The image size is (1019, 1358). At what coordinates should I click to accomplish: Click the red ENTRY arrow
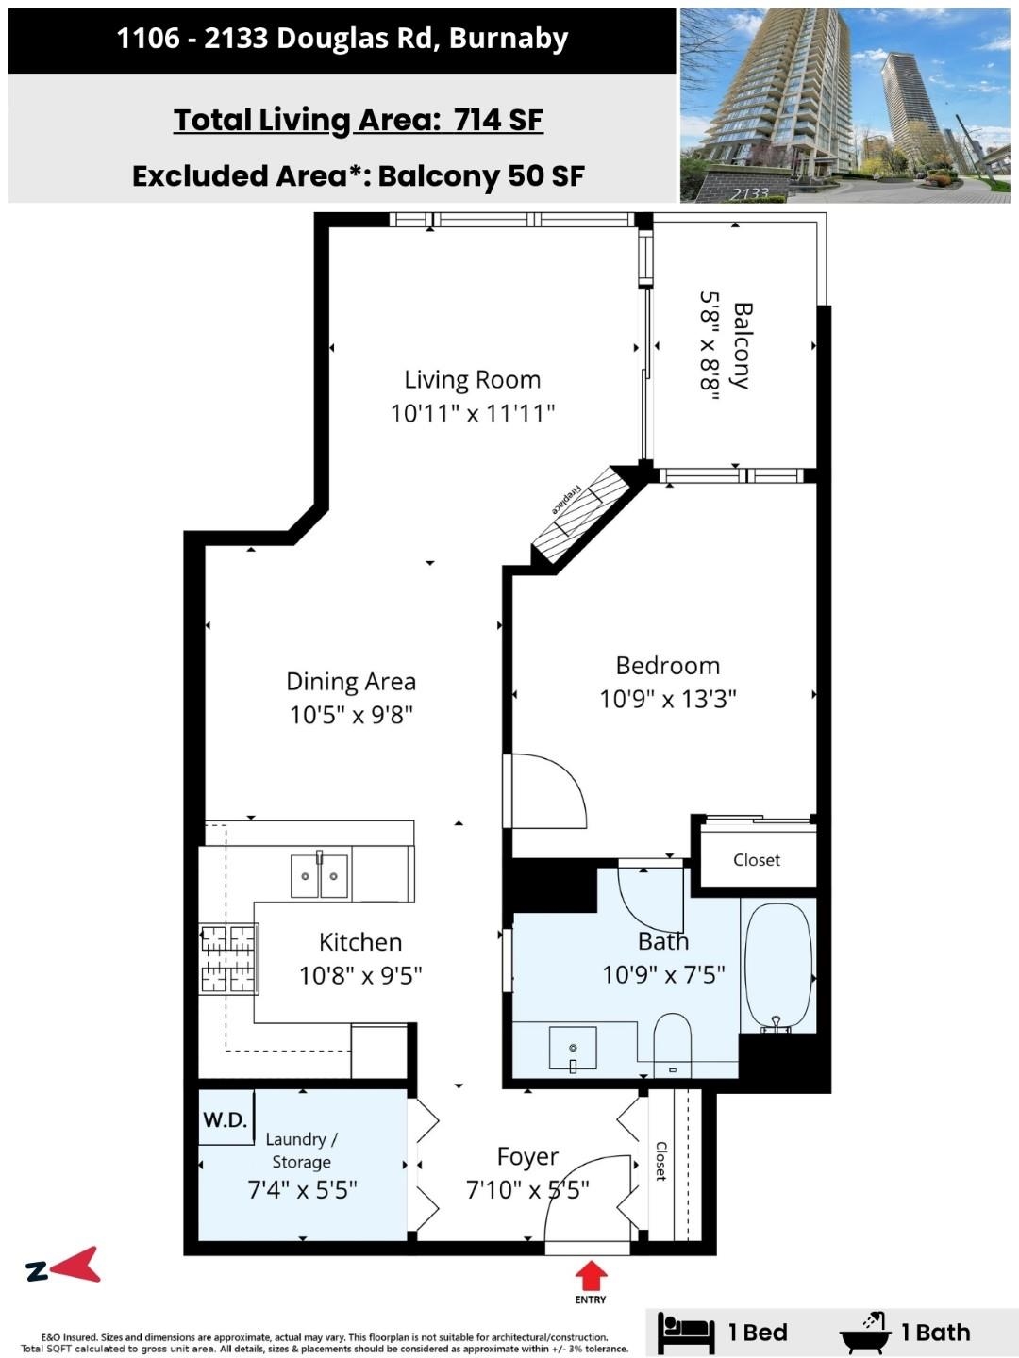pos(591,1276)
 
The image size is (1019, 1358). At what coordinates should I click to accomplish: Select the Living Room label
pos(473,379)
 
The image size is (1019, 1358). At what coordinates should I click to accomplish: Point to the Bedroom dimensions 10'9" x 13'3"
pos(668,699)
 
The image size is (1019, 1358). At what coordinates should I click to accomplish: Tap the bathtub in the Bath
pos(778,966)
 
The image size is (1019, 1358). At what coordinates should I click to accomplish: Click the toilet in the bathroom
pos(672,1045)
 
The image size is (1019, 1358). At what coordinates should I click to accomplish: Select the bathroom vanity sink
pos(573,1048)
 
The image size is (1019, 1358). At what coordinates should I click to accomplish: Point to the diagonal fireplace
pos(580,515)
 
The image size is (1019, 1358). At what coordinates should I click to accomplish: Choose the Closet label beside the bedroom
pos(757,860)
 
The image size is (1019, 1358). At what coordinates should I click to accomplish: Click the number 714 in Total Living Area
pos(477,120)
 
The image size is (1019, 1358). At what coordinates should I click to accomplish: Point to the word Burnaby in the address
pos(509,39)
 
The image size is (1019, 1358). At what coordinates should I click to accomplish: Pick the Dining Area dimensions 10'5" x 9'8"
pos(351,715)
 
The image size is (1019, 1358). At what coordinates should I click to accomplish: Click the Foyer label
pos(527,1156)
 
